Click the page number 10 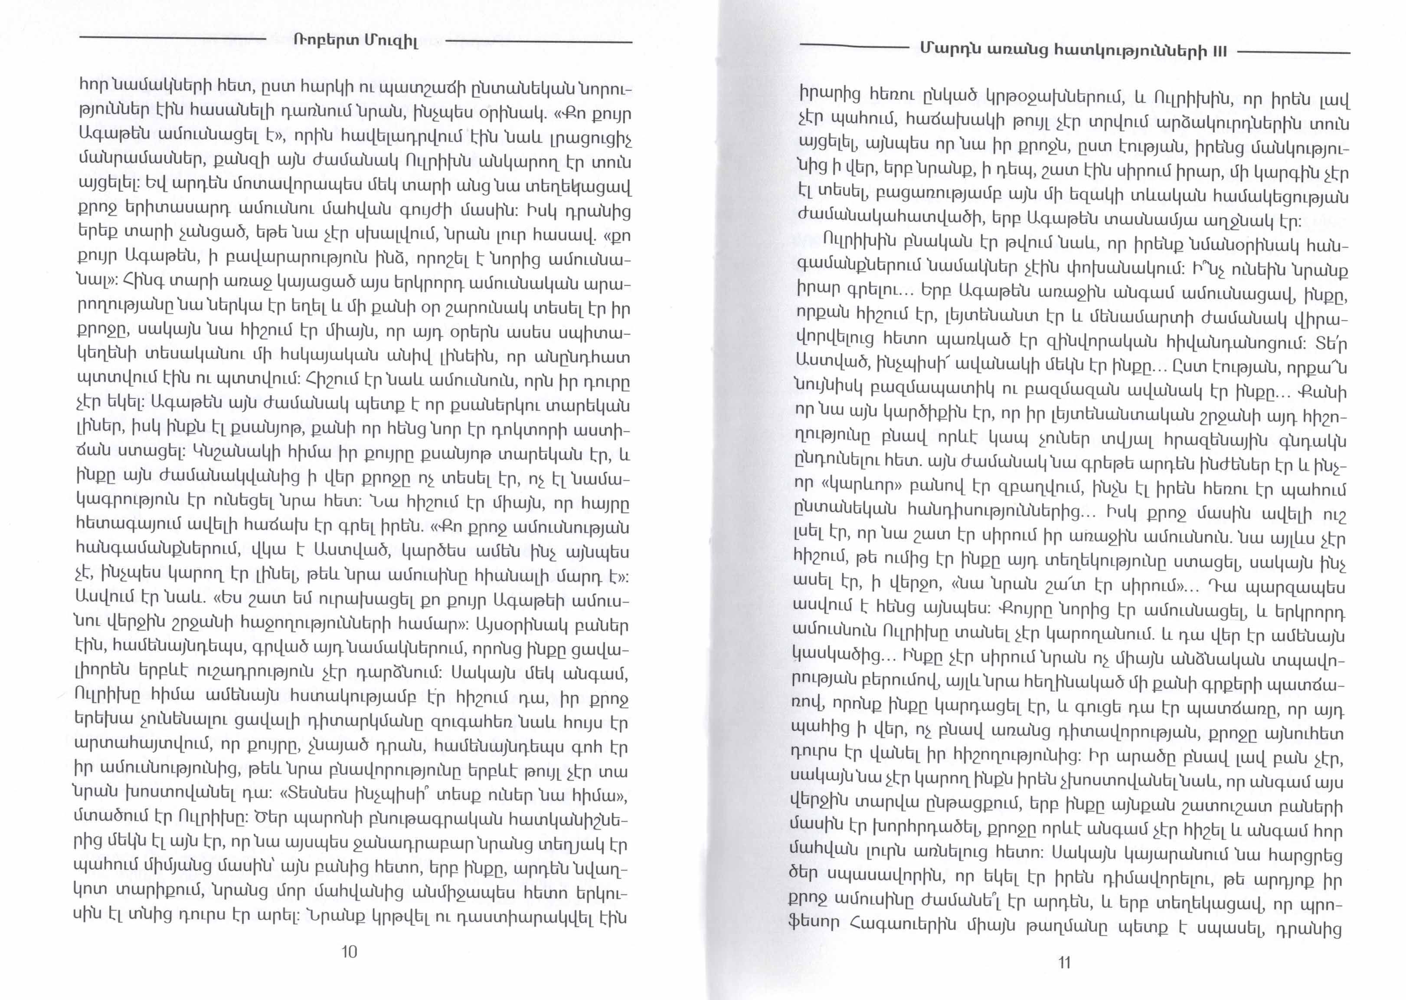point(349,952)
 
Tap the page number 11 point(1065,962)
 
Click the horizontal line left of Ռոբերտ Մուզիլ point(172,39)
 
